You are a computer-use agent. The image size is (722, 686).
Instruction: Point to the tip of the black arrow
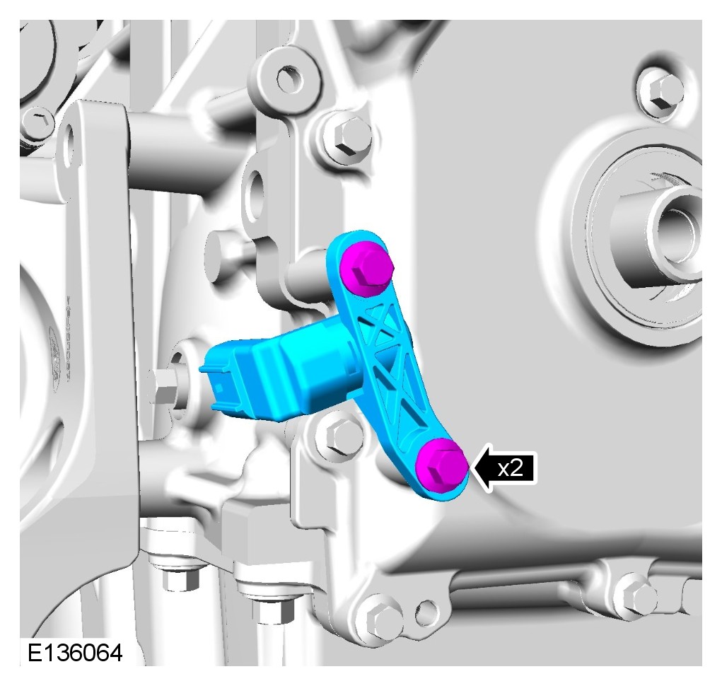coord(470,469)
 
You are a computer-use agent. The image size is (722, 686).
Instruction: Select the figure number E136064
coord(75,653)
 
